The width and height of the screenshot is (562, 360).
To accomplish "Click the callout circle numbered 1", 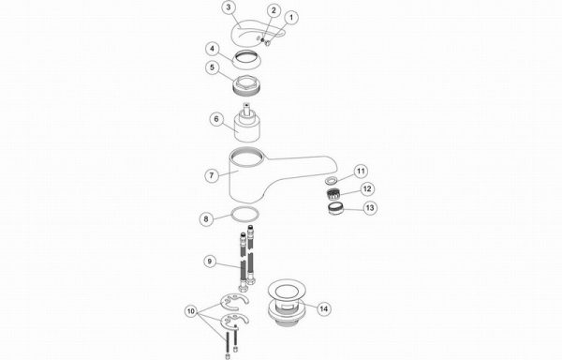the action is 291,17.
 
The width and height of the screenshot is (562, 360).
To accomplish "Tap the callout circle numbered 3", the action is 229,7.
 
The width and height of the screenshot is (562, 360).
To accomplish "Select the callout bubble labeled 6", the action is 216,119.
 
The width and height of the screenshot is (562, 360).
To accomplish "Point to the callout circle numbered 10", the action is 191,311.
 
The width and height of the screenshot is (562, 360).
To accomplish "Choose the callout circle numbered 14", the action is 324,309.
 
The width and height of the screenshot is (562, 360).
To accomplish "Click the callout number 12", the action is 367,189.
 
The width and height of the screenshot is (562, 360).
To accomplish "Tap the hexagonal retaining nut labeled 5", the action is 246,86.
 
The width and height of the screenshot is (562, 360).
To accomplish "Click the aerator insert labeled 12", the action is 333,195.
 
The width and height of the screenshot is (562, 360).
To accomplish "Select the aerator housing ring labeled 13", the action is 334,209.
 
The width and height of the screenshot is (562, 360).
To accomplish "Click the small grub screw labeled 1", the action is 267,43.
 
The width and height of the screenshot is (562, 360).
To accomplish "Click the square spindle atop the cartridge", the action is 246,108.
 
